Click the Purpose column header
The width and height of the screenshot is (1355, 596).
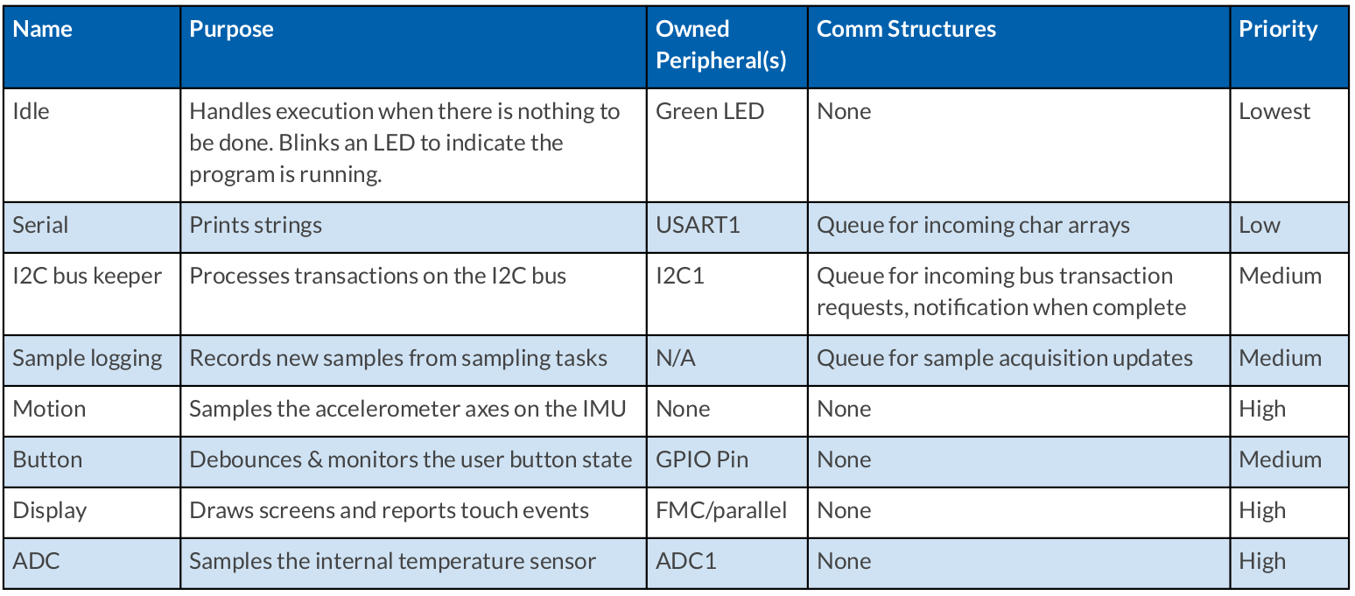(231, 29)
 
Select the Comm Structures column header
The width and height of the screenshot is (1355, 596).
(906, 29)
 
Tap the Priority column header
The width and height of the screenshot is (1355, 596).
(1278, 30)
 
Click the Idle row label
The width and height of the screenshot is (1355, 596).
(31, 111)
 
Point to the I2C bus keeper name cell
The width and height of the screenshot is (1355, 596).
(88, 276)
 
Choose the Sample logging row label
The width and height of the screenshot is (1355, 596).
(88, 359)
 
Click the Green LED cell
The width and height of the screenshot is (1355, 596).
(710, 111)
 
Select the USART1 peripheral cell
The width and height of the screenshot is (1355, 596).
(698, 225)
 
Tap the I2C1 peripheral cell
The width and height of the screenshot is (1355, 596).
(680, 276)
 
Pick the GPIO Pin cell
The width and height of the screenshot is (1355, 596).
(702, 459)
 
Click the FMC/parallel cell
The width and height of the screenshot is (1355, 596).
(721, 511)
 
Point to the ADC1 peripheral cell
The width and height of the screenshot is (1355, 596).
(686, 562)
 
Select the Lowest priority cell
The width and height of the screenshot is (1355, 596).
(1274, 111)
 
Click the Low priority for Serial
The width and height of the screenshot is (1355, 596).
(1260, 225)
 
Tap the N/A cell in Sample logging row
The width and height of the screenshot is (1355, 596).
(676, 358)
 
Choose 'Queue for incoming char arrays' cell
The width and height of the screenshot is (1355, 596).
(972, 226)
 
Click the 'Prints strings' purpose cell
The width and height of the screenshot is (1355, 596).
(256, 226)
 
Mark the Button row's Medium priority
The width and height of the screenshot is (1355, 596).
(1280, 459)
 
